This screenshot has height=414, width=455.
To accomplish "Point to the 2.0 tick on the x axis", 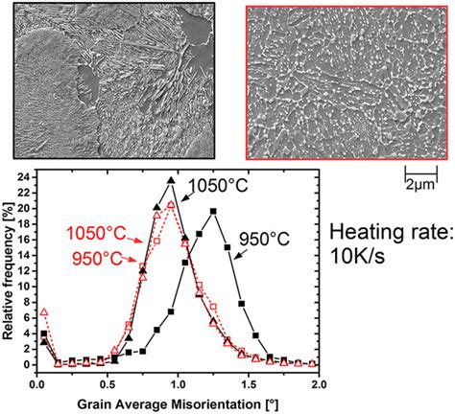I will coord(319,379).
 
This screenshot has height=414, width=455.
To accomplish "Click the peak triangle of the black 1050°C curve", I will coord(171,180).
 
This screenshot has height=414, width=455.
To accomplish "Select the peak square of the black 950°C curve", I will coord(213,211).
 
